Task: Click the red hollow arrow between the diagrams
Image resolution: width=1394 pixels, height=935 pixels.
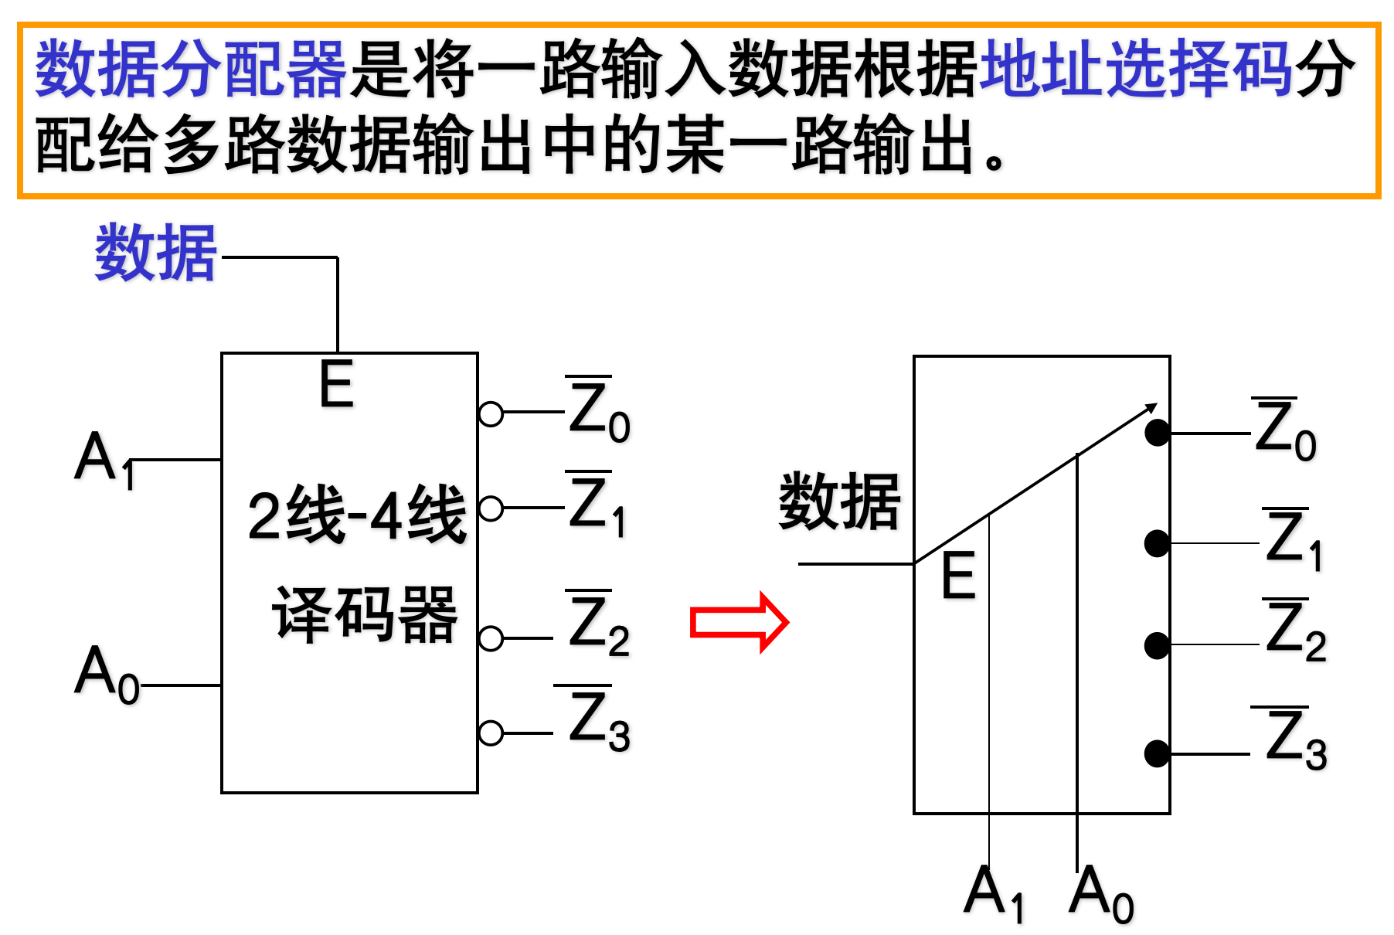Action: tap(738, 622)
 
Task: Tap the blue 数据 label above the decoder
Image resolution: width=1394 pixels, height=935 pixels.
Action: tap(155, 253)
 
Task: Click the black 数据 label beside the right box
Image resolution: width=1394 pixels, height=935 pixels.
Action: tap(839, 502)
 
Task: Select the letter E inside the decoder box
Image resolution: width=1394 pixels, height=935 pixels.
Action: tap(336, 384)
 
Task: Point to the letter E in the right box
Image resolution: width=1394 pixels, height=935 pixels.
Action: tap(958, 576)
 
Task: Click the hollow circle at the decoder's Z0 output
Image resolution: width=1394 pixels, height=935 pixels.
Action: tap(491, 414)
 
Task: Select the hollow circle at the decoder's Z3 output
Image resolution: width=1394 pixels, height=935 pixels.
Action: tap(491, 733)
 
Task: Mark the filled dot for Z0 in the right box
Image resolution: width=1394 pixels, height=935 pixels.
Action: tap(1157, 433)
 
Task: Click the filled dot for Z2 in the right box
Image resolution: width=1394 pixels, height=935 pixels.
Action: tap(1157, 645)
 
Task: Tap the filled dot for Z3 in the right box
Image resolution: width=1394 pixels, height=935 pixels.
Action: tap(1157, 753)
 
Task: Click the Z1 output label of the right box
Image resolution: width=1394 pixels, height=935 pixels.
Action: tap(1294, 539)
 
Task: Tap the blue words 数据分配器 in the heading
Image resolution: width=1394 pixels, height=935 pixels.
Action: tap(191, 70)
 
